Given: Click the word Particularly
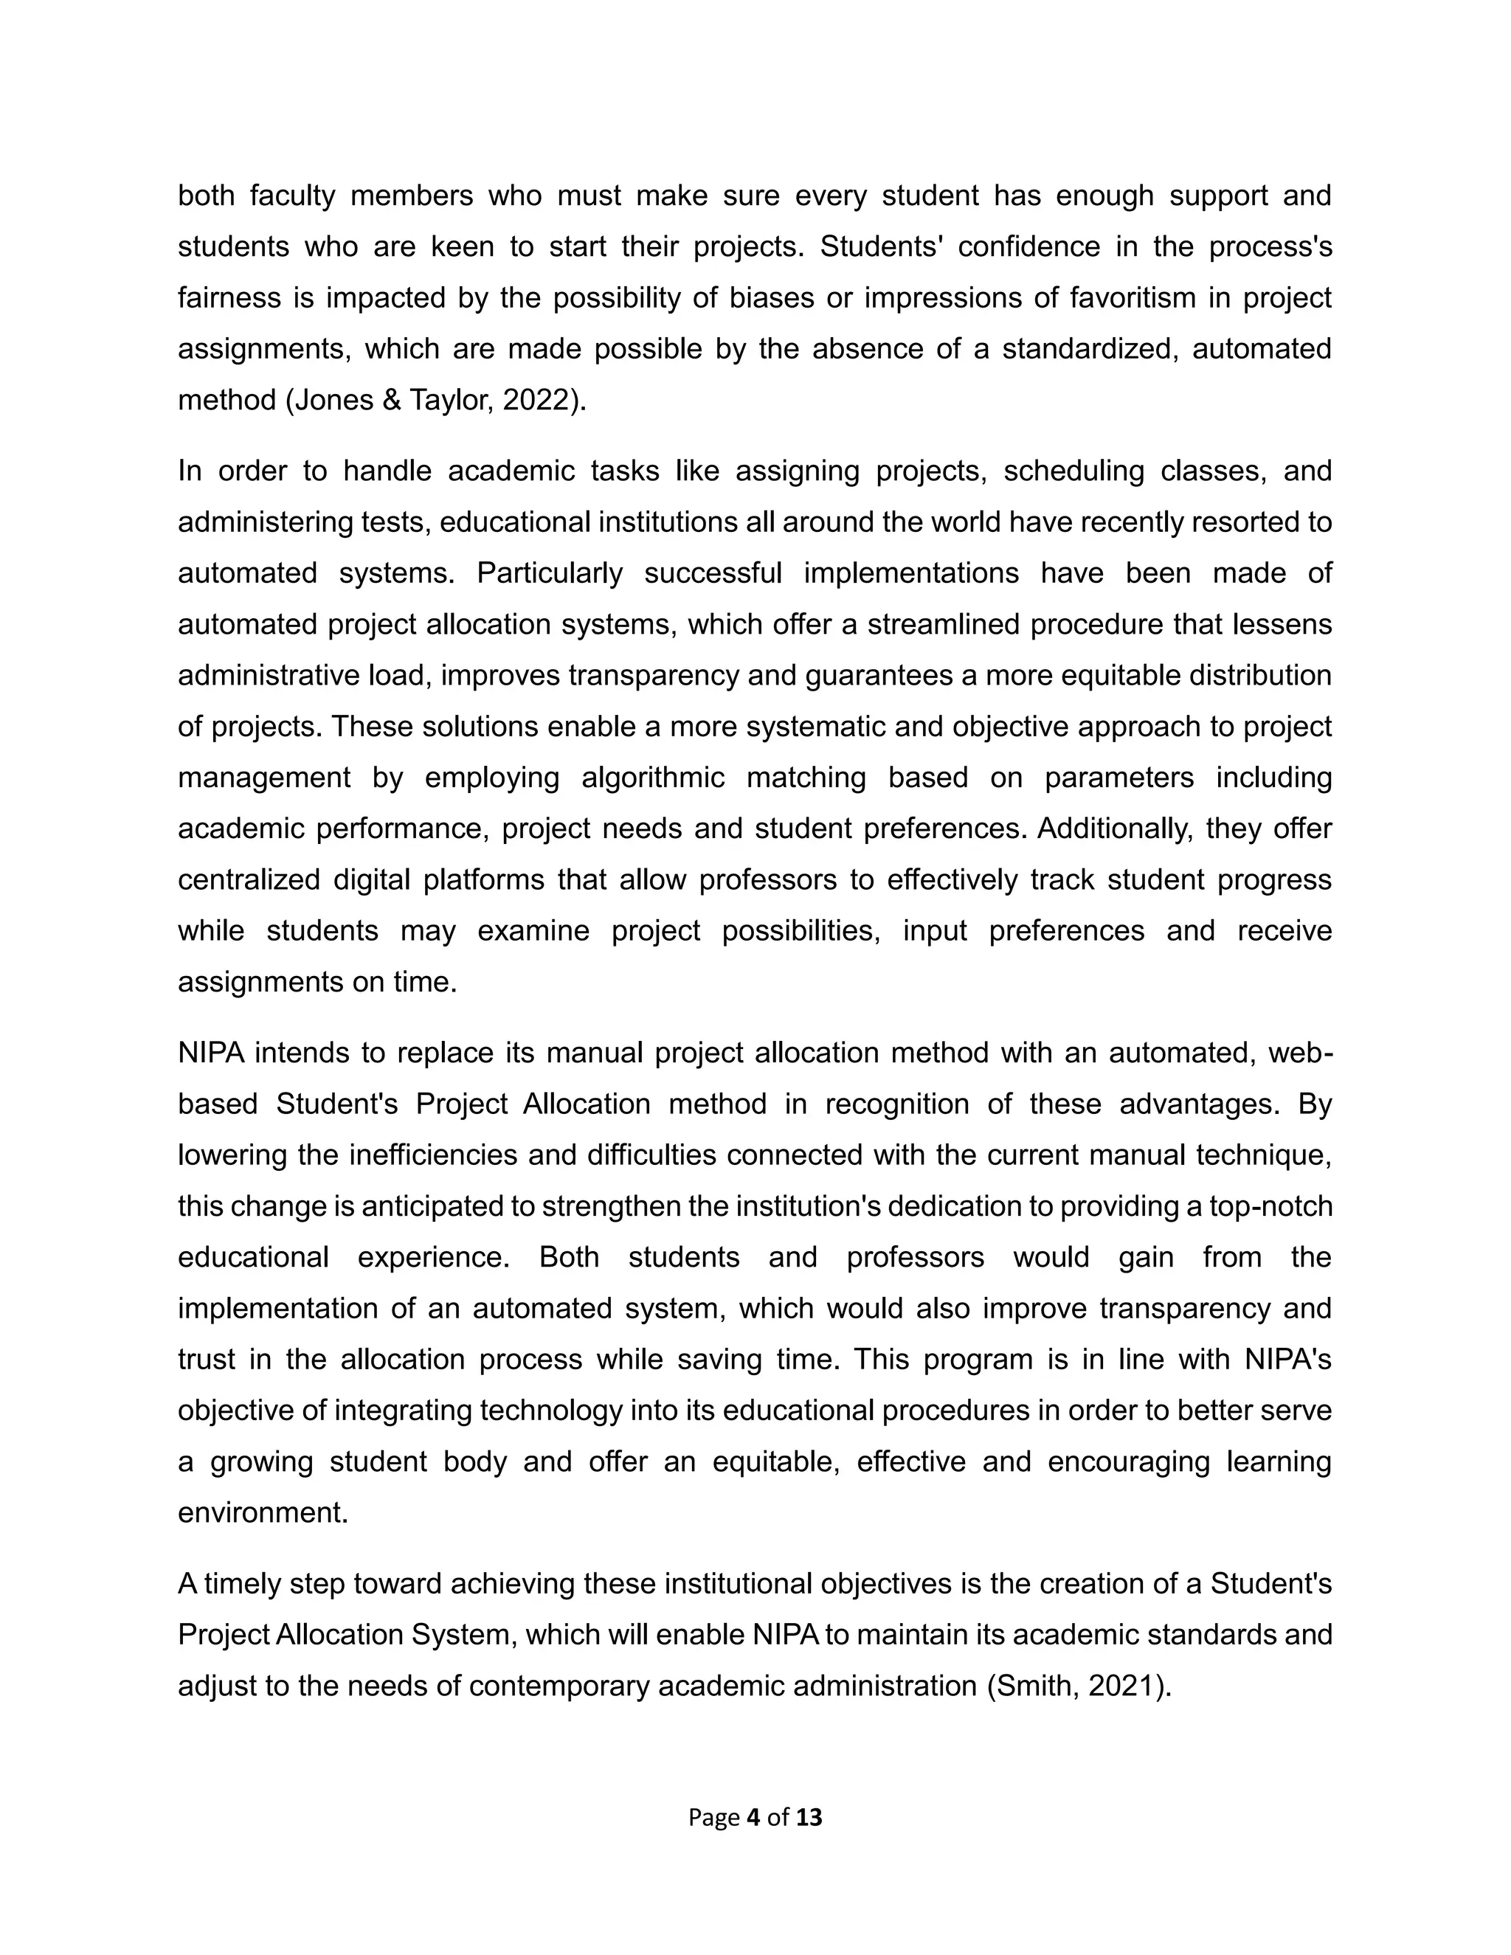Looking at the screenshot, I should click(x=549, y=573).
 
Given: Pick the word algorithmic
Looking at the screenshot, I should click(x=652, y=777).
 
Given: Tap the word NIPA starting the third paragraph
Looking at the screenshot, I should click(x=211, y=1053).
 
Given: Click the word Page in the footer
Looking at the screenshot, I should click(x=713, y=1817).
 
